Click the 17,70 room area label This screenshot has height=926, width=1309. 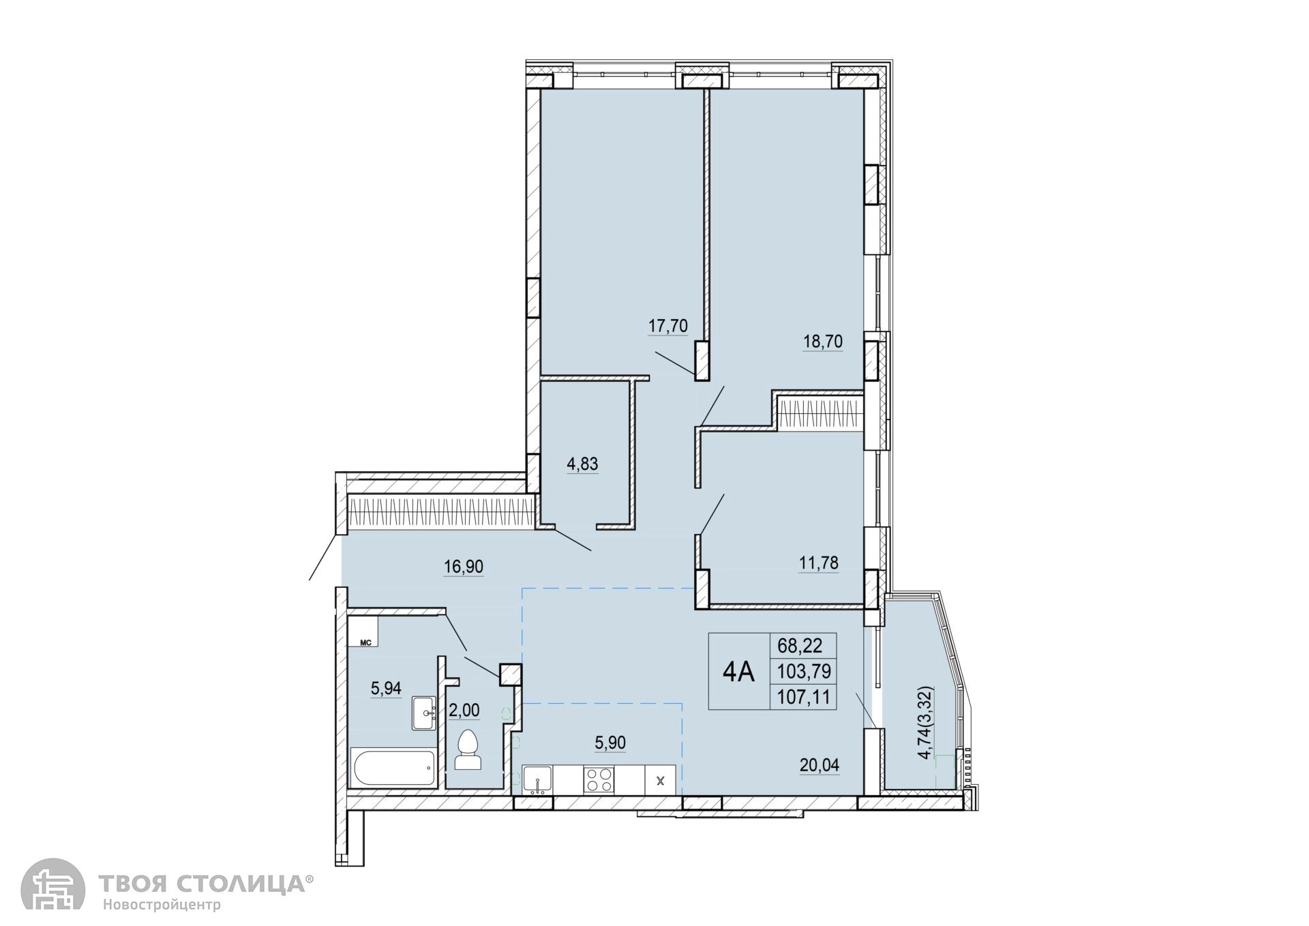point(667,326)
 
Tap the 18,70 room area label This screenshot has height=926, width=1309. point(823,342)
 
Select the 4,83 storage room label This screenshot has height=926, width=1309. point(582,464)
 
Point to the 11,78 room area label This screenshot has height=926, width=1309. point(819,563)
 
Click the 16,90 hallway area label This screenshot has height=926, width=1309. point(464,567)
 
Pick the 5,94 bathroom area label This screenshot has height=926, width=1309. point(386,688)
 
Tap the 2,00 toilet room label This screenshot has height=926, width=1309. point(464,711)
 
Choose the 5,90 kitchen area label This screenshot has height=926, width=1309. point(610,743)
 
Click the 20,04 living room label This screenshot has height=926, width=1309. point(819,766)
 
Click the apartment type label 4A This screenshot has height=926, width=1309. point(738,672)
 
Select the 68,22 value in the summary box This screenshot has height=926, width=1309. point(803,645)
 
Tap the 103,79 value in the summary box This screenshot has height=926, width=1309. point(804,672)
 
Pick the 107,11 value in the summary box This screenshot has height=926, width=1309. point(804,698)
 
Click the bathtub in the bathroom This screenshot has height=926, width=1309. point(393,768)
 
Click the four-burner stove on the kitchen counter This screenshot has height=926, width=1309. point(599,779)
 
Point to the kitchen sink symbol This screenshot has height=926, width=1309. point(538,779)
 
